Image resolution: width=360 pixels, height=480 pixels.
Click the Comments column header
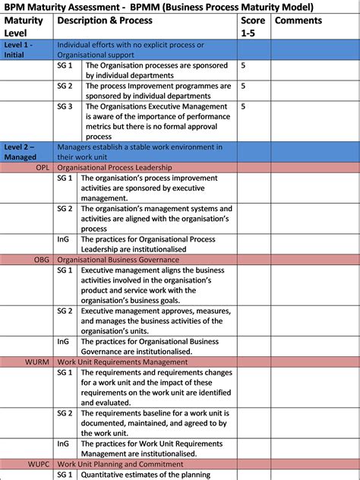pyautogui.click(x=298, y=21)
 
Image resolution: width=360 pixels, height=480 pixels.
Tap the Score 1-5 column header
pyautogui.click(x=253, y=27)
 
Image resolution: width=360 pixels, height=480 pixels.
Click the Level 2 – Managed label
pyautogui.click(x=20, y=151)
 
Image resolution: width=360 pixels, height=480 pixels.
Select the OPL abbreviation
pyautogui.click(x=43, y=167)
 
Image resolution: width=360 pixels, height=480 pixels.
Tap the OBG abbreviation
pyautogui.click(x=42, y=260)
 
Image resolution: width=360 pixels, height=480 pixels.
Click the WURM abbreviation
pyautogui.click(x=37, y=362)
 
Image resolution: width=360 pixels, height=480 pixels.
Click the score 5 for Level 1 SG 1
pyautogui.click(x=243, y=66)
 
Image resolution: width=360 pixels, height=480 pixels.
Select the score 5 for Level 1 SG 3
pyautogui.click(x=243, y=107)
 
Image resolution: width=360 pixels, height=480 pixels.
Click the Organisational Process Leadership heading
pyautogui.click(x=115, y=167)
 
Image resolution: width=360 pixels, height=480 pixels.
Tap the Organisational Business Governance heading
pyautogui.click(x=117, y=260)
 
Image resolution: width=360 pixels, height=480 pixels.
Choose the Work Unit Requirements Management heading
pyautogui.click(x=122, y=362)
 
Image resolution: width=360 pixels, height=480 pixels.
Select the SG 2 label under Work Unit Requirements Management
pyautogui.click(x=65, y=413)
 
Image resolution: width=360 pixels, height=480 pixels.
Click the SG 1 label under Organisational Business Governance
pyautogui.click(x=65, y=270)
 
